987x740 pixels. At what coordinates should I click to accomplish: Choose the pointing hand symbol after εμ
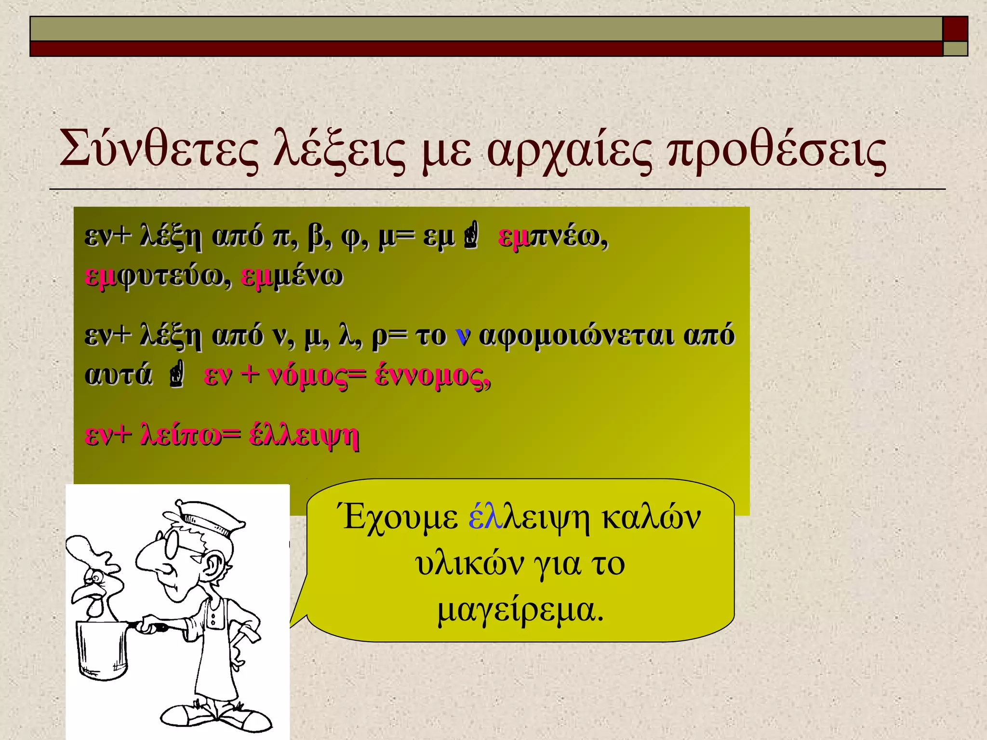click(x=471, y=236)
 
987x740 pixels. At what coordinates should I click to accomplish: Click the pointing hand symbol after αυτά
click(x=177, y=376)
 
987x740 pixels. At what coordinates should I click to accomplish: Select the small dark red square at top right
click(x=955, y=28)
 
